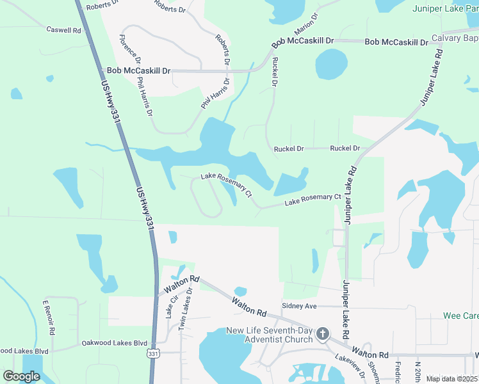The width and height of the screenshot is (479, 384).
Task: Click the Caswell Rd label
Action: pyautogui.click(x=64, y=30)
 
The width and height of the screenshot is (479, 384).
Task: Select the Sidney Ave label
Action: pyautogui.click(x=300, y=307)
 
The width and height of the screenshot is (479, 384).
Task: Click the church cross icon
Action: pyautogui.click(x=323, y=333)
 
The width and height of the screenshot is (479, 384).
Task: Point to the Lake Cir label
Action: pyautogui.click(x=170, y=309)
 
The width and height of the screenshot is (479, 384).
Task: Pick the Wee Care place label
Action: pyautogui.click(x=461, y=316)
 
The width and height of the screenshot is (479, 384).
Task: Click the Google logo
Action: pyautogui.click(x=21, y=376)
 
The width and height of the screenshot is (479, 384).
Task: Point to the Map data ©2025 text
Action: pyautogui.click(x=451, y=378)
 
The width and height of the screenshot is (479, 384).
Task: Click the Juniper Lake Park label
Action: pyautogui.click(x=445, y=8)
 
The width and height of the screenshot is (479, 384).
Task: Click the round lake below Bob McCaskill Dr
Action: pyautogui.click(x=332, y=64)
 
